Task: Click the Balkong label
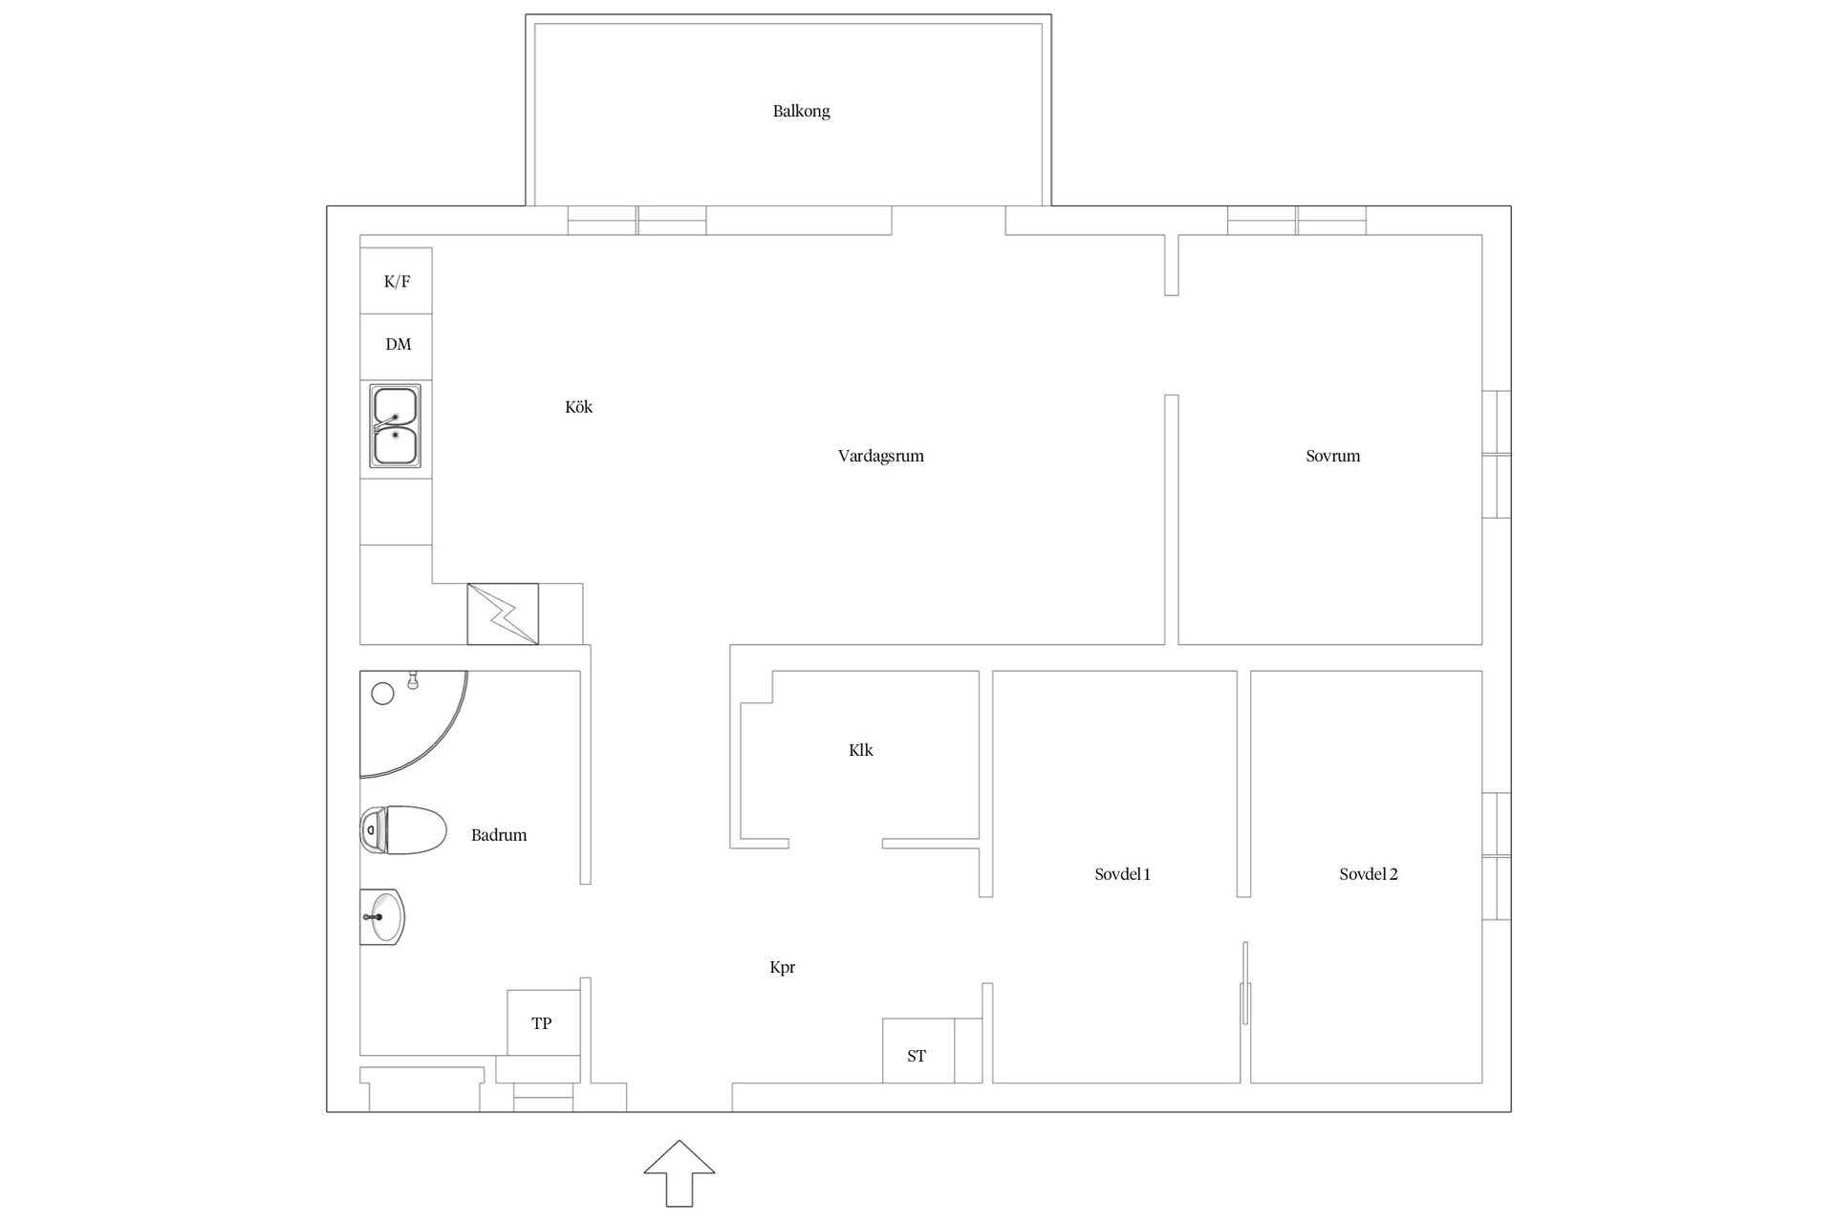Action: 801,111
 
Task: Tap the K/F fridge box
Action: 396,280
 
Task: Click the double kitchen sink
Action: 396,426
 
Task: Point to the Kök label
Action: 578,407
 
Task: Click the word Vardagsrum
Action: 880,457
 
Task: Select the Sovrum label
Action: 1332,456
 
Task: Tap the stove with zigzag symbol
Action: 503,613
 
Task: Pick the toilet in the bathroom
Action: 403,829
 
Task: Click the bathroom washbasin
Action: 382,916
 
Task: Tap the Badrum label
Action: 499,835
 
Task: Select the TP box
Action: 543,1022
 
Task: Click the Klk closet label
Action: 860,750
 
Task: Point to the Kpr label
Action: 782,967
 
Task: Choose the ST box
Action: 917,1051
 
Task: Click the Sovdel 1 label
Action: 1122,874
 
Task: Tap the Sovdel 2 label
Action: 1368,874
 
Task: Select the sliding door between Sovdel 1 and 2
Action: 1245,984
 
